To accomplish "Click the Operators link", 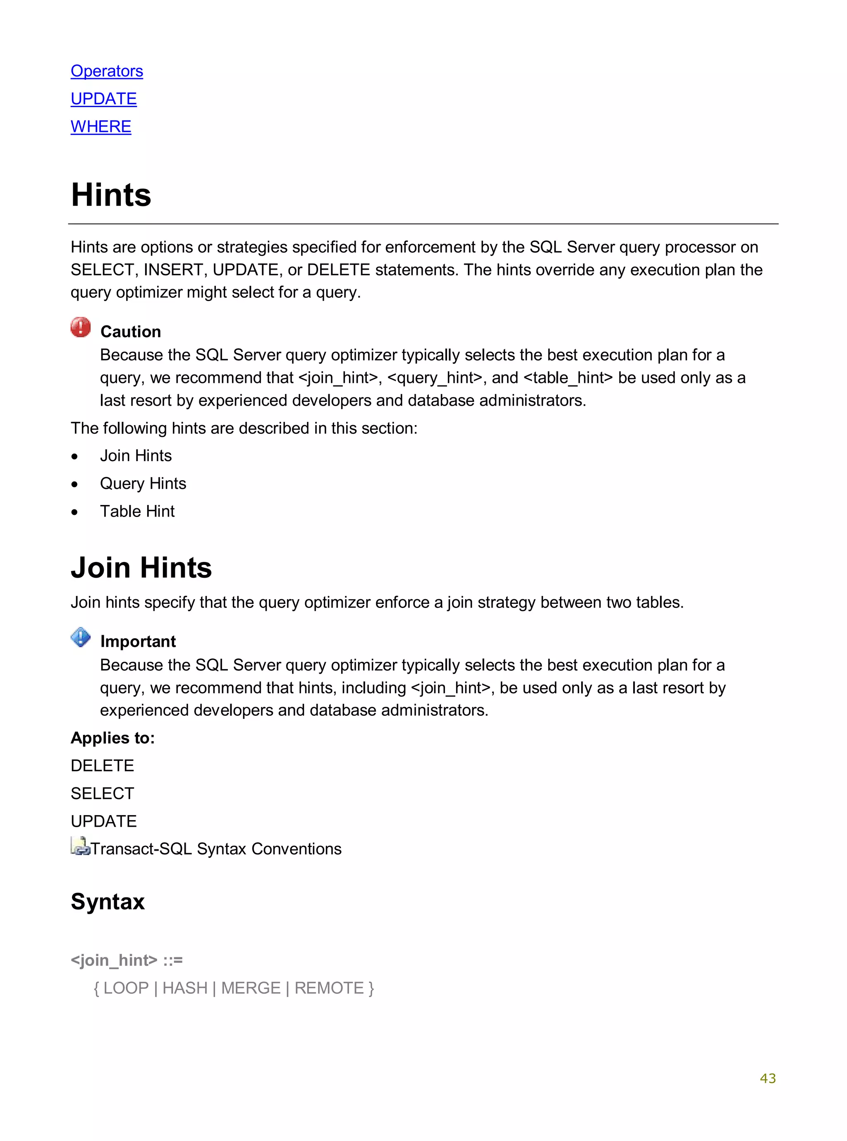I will pyautogui.click(x=107, y=71).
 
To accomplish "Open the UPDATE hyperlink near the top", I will pyautogui.click(x=103, y=98).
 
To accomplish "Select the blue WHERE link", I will pyautogui.click(x=101, y=126).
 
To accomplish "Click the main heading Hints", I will pyautogui.click(x=111, y=195).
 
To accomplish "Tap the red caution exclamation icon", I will pyautogui.click(x=81, y=327).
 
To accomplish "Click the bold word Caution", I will pyautogui.click(x=131, y=332).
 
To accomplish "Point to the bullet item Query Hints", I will pyautogui.click(x=143, y=483).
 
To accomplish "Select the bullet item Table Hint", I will pyautogui.click(x=137, y=511).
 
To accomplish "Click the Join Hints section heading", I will pyautogui.click(x=141, y=567).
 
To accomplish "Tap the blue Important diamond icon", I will pyautogui.click(x=81, y=637).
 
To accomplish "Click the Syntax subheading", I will pyautogui.click(x=108, y=902).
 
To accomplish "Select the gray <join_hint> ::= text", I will pyautogui.click(x=127, y=959).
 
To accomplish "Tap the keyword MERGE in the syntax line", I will pyautogui.click(x=251, y=988).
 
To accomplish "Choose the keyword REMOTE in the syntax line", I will pyautogui.click(x=329, y=988).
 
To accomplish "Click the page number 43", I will pyautogui.click(x=768, y=1079).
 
